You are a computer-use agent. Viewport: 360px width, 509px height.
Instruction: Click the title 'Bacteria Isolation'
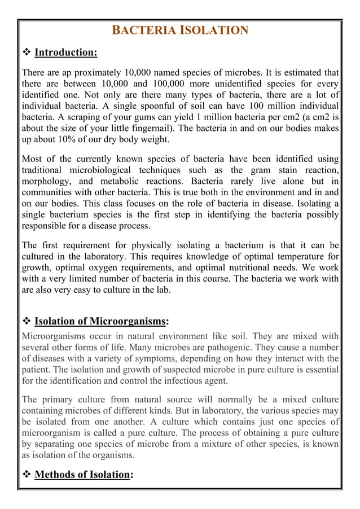[179, 30]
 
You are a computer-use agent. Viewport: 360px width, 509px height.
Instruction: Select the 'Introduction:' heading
[66, 53]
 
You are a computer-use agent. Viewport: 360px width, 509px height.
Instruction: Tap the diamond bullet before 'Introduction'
[26, 53]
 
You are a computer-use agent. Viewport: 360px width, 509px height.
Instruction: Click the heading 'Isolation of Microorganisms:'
[101, 322]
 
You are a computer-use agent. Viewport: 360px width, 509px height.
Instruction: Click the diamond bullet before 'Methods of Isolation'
[26, 475]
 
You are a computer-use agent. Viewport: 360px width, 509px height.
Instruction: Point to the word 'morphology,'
[46, 181]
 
